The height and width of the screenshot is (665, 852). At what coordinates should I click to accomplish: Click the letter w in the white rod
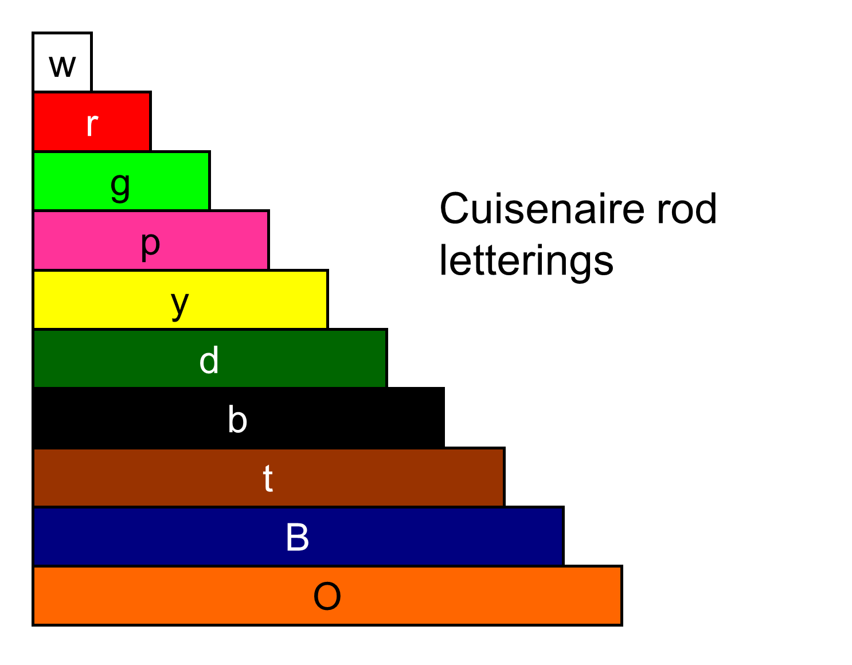pos(62,66)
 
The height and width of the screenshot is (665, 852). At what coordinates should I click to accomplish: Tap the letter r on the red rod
pos(92,124)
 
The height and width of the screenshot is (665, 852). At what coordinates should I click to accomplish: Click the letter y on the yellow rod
pos(180,304)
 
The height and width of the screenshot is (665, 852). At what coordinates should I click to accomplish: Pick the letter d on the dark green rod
pos(209,361)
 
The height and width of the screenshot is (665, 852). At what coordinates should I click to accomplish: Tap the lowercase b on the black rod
pos(237,420)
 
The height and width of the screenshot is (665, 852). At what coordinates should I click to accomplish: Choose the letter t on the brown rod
pos(268,479)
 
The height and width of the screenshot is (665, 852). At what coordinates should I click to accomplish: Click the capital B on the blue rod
pos(298,537)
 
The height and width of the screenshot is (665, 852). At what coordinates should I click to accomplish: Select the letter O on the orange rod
pos(327,596)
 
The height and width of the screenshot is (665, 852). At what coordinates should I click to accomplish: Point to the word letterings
pos(526,261)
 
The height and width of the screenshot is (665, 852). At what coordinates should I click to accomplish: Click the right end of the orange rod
pos(613,596)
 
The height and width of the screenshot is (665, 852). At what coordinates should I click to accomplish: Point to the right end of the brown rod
pos(496,478)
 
